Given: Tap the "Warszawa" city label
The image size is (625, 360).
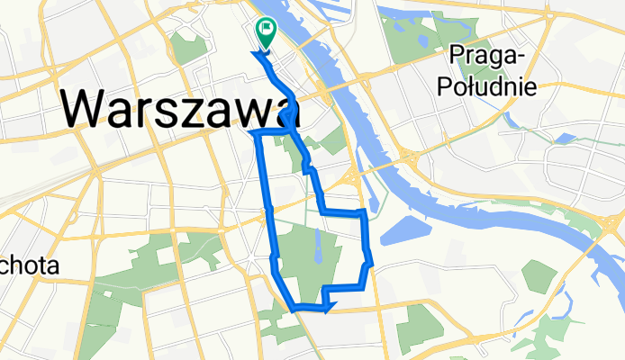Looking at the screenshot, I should pyautogui.click(x=180, y=108).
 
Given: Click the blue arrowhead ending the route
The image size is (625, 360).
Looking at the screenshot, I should pyautogui.click(x=328, y=308).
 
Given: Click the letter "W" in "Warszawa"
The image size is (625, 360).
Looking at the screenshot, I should pyautogui.click(x=87, y=109).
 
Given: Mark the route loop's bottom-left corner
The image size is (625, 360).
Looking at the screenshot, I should pyautogui.click(x=294, y=308).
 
